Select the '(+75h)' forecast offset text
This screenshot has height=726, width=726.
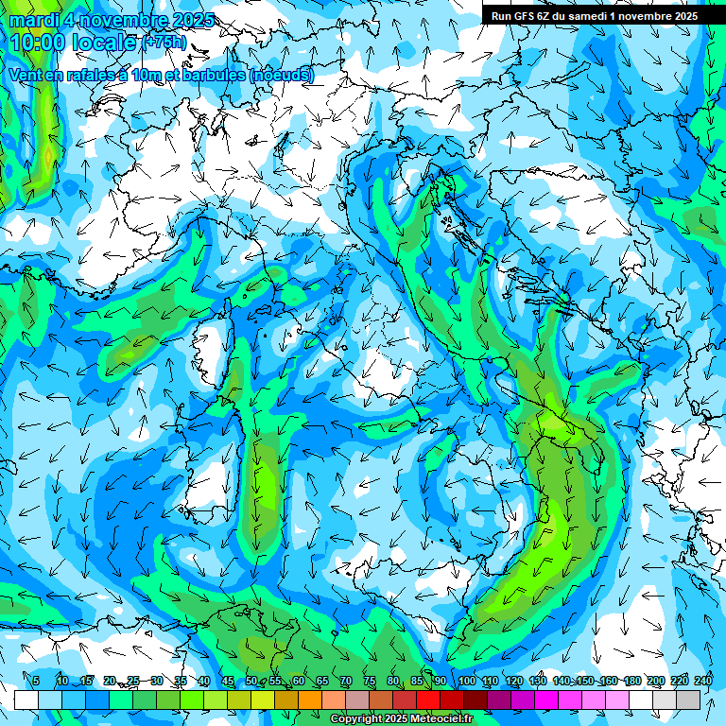(x=164, y=43)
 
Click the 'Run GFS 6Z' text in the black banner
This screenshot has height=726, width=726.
(x=524, y=16)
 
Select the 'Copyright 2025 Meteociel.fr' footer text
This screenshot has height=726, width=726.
(x=401, y=719)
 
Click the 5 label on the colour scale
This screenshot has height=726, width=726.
(x=36, y=681)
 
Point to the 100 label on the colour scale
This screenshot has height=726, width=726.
(x=467, y=681)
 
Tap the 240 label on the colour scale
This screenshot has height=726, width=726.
(x=703, y=681)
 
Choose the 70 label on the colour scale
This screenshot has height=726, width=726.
(x=345, y=681)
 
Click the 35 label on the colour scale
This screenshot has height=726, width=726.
(x=180, y=681)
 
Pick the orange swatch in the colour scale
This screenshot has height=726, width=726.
(x=310, y=700)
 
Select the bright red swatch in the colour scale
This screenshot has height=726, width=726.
(x=428, y=700)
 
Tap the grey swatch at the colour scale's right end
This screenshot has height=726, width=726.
(x=688, y=700)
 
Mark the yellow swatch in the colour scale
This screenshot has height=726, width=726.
(x=263, y=700)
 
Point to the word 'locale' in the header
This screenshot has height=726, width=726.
(x=104, y=43)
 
